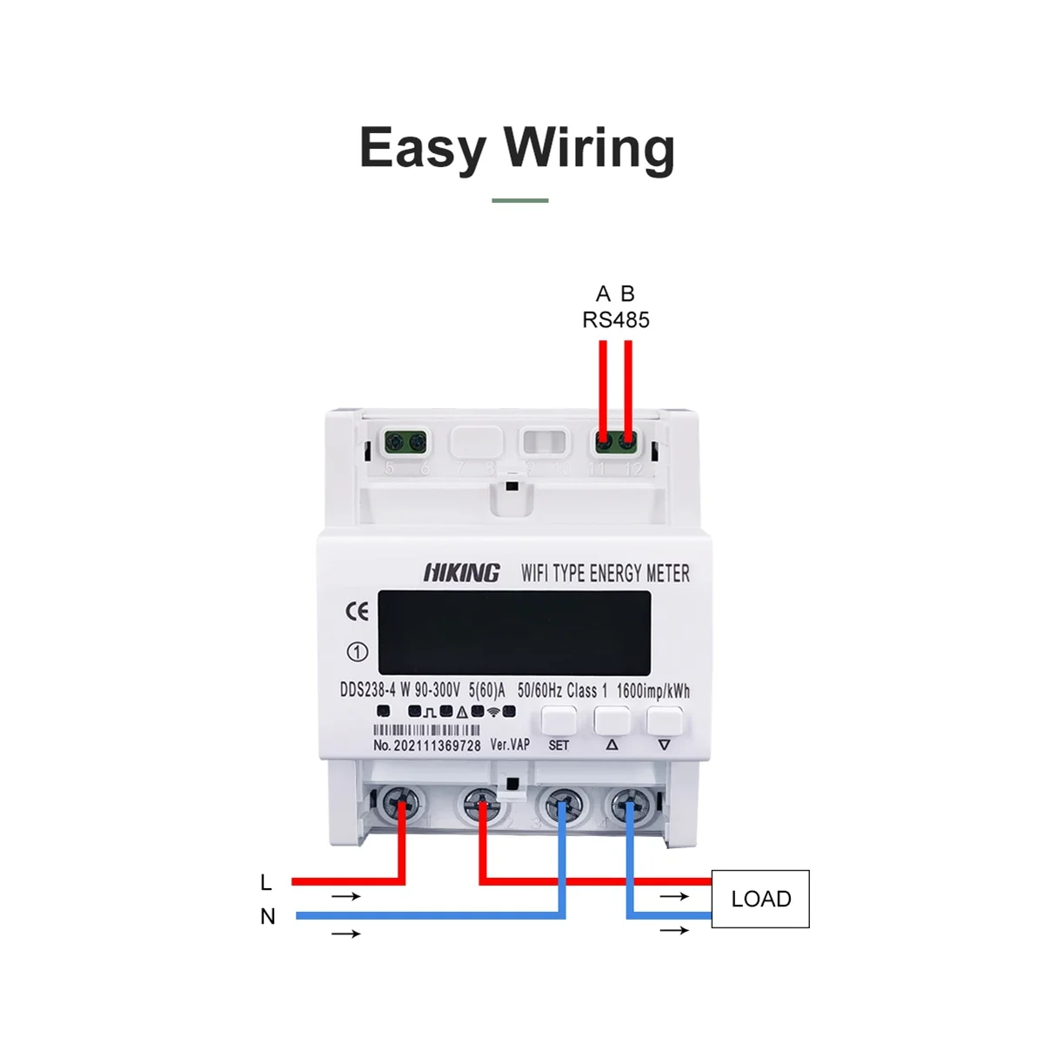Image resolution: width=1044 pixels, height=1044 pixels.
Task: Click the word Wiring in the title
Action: [x=589, y=149]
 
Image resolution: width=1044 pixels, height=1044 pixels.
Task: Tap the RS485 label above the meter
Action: [x=616, y=320]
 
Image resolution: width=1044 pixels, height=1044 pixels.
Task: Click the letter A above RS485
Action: [x=603, y=294]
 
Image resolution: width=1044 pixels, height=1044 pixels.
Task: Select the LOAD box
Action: [x=760, y=899]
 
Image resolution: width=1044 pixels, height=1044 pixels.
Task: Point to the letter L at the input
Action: [x=266, y=882]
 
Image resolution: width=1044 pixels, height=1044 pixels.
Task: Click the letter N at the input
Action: [x=268, y=917]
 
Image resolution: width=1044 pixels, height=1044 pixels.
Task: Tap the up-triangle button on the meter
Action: [x=612, y=722]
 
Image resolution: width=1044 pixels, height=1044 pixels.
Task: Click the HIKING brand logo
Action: [x=462, y=572]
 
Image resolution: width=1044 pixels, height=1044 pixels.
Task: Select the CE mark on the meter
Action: [x=358, y=612]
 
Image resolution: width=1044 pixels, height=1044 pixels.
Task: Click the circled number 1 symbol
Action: [x=358, y=652]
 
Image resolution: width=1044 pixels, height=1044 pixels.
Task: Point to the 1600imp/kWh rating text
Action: [x=652, y=692]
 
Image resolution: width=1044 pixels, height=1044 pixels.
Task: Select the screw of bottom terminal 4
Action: [x=626, y=804]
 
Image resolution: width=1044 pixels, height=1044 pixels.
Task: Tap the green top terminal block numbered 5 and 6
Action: [x=406, y=442]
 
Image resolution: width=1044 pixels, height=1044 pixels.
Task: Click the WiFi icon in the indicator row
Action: [x=493, y=712]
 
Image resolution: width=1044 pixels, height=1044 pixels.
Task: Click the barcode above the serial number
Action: [x=426, y=731]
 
